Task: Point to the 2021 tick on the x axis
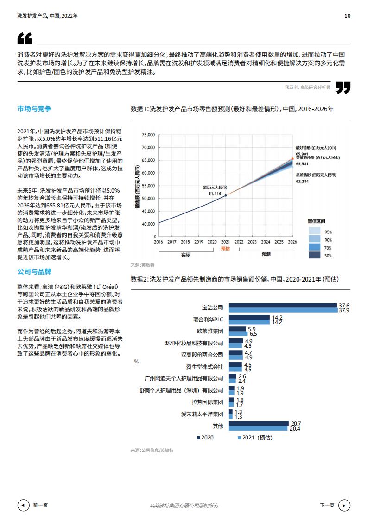click(x=226, y=242)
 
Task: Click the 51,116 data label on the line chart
click(x=215, y=193)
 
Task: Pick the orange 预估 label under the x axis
click(x=226, y=248)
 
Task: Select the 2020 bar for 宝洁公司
click(x=283, y=305)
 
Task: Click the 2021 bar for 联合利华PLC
click(x=250, y=322)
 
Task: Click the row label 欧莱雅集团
click(x=209, y=331)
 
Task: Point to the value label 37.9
click(x=344, y=310)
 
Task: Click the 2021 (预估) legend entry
click(x=254, y=438)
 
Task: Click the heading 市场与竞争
click(x=34, y=109)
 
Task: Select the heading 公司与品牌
click(x=34, y=271)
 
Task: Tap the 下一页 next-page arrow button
click(x=344, y=505)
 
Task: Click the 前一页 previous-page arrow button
click(x=23, y=505)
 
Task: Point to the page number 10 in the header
click(x=347, y=16)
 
